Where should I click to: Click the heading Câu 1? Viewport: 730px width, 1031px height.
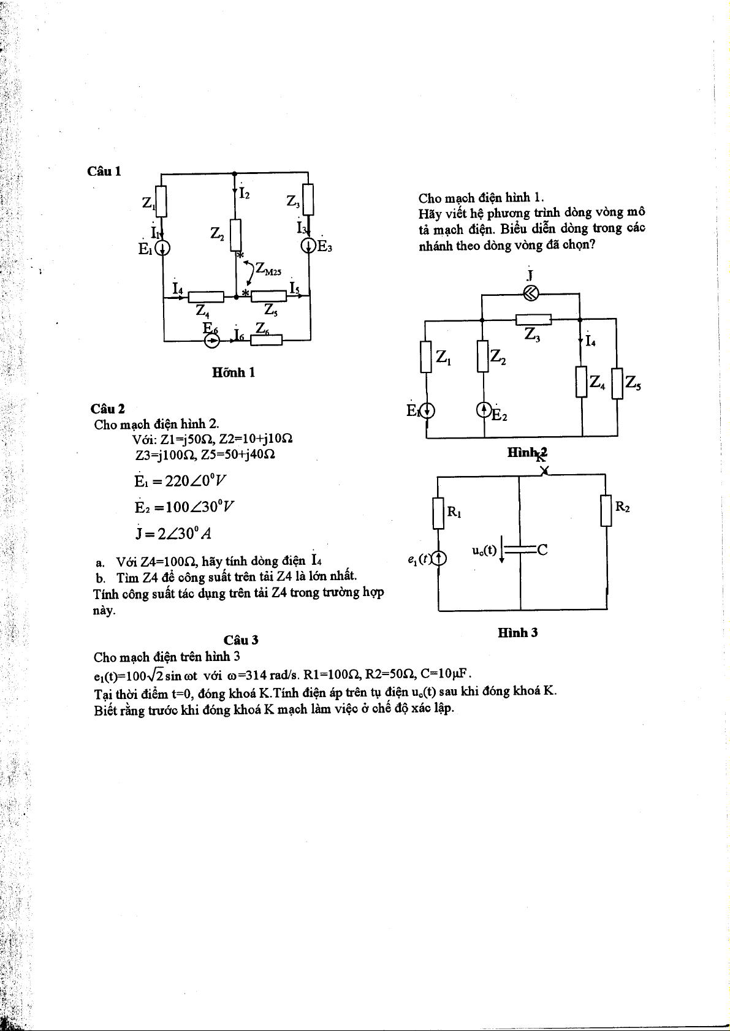[104, 172]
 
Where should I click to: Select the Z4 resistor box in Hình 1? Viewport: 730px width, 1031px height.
[206, 297]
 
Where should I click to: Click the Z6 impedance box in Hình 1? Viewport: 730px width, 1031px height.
[266, 339]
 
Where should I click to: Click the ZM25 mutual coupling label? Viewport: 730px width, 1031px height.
[268, 269]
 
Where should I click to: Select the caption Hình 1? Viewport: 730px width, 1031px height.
[233, 372]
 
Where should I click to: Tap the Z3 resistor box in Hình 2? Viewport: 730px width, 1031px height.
[533, 319]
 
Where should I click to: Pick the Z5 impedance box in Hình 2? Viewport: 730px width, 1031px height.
[617, 383]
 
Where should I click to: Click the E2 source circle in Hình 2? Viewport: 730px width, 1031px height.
[484, 409]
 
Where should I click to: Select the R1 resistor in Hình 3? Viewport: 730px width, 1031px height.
[438, 513]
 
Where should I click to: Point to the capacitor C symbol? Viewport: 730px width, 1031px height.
[520, 549]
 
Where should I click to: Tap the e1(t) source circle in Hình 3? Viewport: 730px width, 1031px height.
[439, 558]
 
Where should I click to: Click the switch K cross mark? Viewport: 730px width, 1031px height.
[544, 470]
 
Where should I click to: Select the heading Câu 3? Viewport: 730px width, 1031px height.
[241, 640]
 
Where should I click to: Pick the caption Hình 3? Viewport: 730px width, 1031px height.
[518, 633]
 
